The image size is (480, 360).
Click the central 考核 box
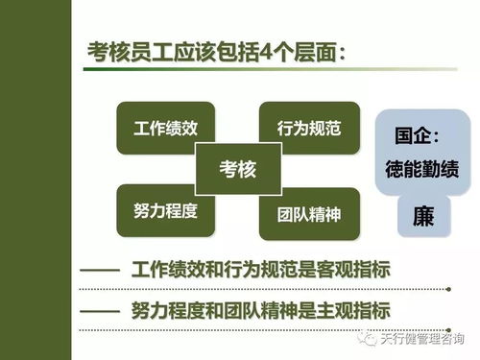[x=237, y=170]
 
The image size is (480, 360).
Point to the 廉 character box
[x=422, y=216]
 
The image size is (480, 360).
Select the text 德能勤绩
[x=422, y=164]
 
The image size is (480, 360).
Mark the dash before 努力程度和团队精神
[x=98, y=311]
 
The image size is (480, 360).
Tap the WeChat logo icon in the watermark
[x=365, y=339]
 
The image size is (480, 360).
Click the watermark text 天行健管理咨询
[x=420, y=339]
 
